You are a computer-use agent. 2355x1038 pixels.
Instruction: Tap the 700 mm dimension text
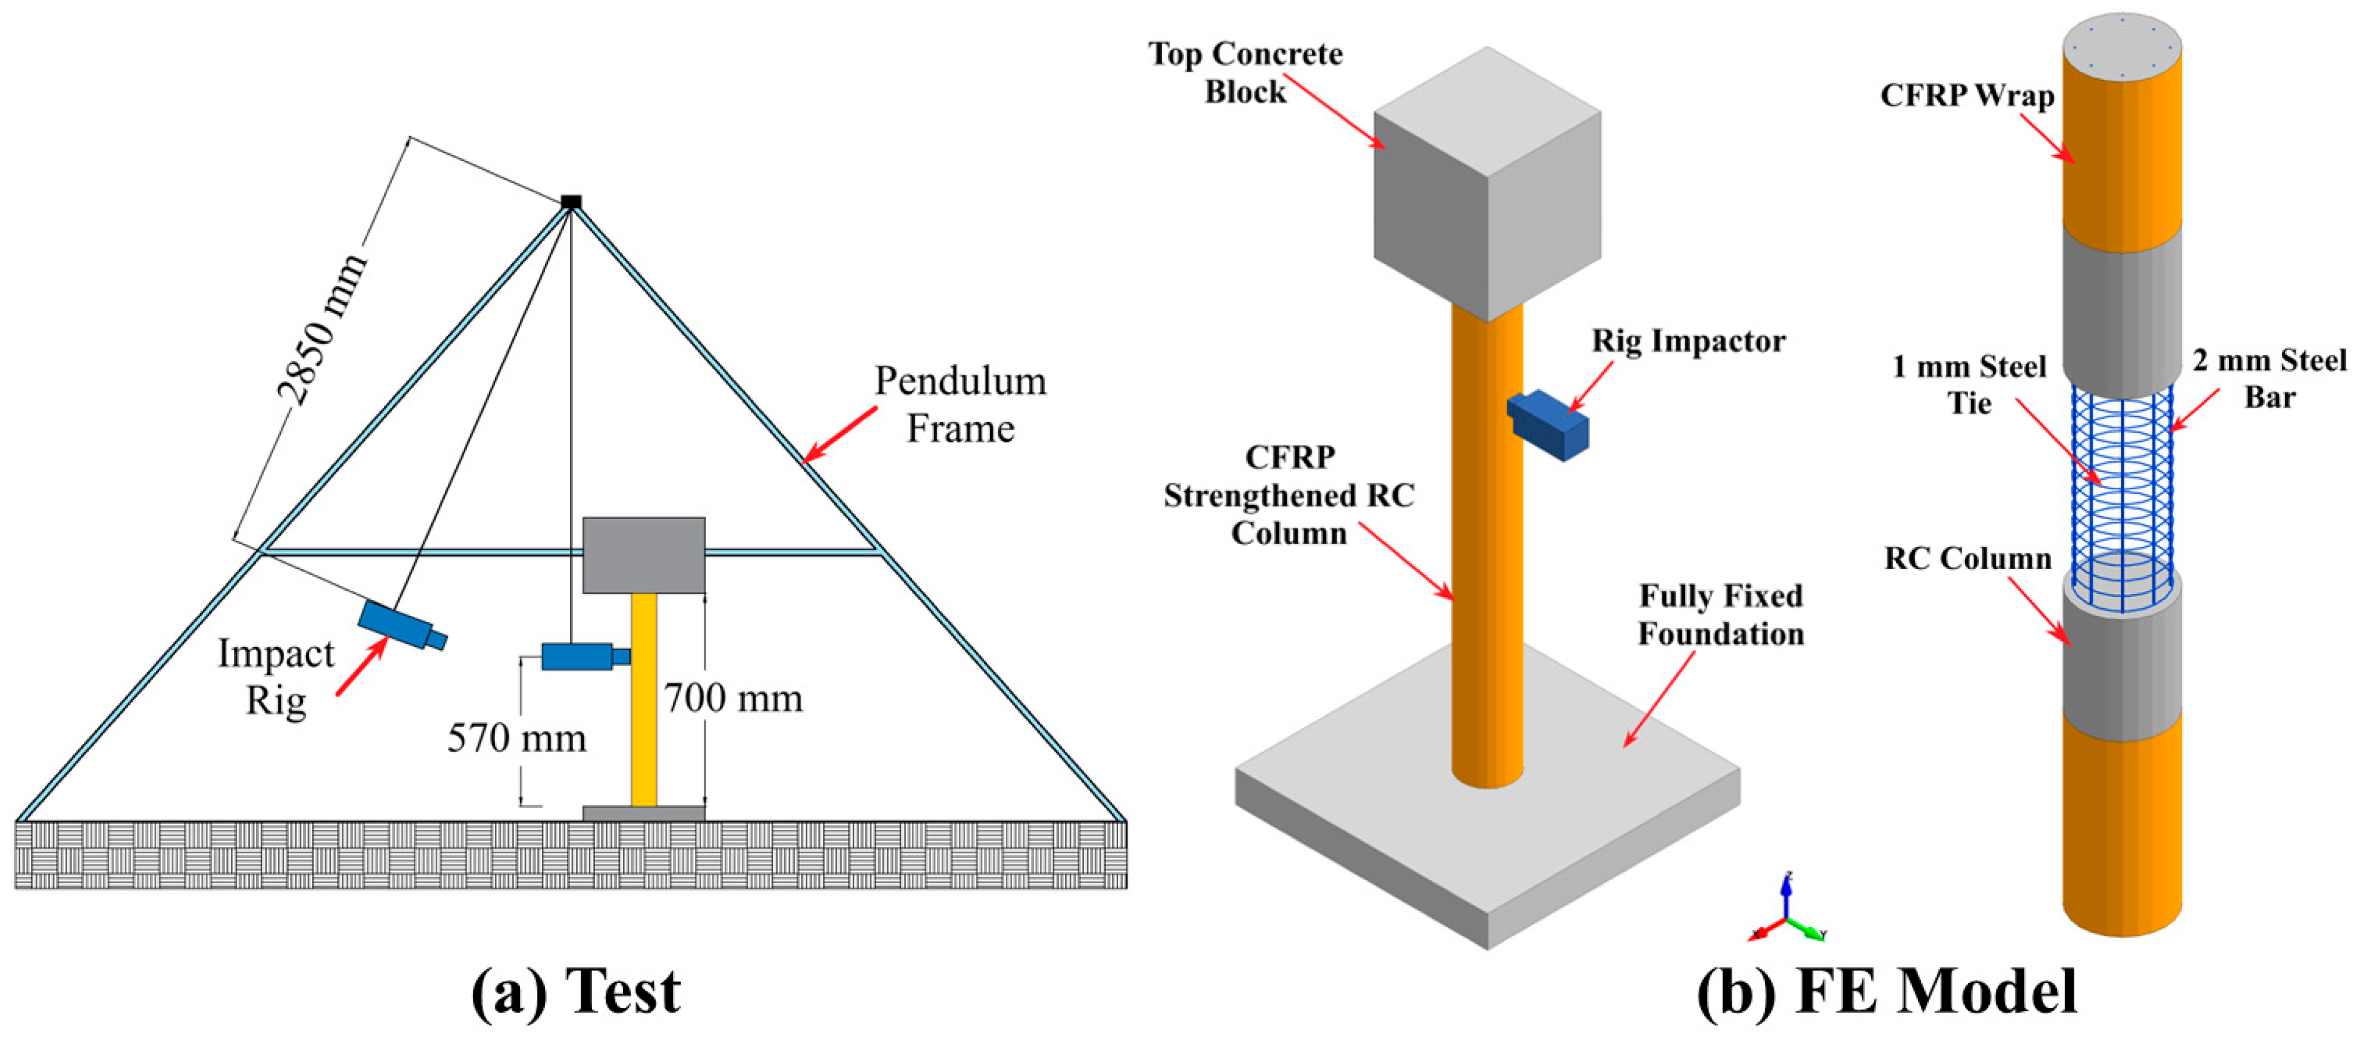click(x=733, y=699)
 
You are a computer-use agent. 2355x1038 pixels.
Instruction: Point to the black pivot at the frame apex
click(x=571, y=201)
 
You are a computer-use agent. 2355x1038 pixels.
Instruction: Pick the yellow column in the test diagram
click(x=644, y=699)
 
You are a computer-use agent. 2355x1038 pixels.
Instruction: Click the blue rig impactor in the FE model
click(x=1548, y=425)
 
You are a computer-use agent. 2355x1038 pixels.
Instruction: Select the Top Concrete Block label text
click(x=1245, y=73)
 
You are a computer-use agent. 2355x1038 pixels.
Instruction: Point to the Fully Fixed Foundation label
click(x=1721, y=615)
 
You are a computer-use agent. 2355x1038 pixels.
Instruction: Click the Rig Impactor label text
click(x=1688, y=341)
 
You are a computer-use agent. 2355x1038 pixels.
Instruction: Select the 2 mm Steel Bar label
click(x=2269, y=378)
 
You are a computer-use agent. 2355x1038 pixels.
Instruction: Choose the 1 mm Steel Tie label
click(x=1969, y=385)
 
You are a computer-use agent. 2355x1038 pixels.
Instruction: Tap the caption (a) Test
click(x=576, y=991)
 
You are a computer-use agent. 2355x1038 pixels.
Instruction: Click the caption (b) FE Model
click(x=1887, y=991)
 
